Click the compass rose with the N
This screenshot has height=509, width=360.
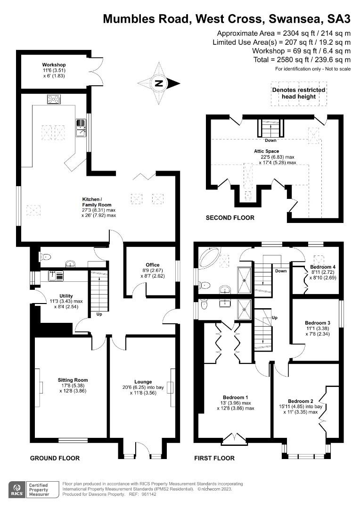(159, 84)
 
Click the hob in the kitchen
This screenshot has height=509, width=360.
(54, 99)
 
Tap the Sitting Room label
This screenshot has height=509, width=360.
(73, 385)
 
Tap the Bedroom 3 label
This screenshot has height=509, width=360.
(317, 328)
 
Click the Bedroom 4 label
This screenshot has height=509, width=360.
(323, 272)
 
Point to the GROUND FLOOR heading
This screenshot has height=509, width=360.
(55, 458)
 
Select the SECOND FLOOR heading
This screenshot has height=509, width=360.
(230, 218)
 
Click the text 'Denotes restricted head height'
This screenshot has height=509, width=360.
(299, 93)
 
